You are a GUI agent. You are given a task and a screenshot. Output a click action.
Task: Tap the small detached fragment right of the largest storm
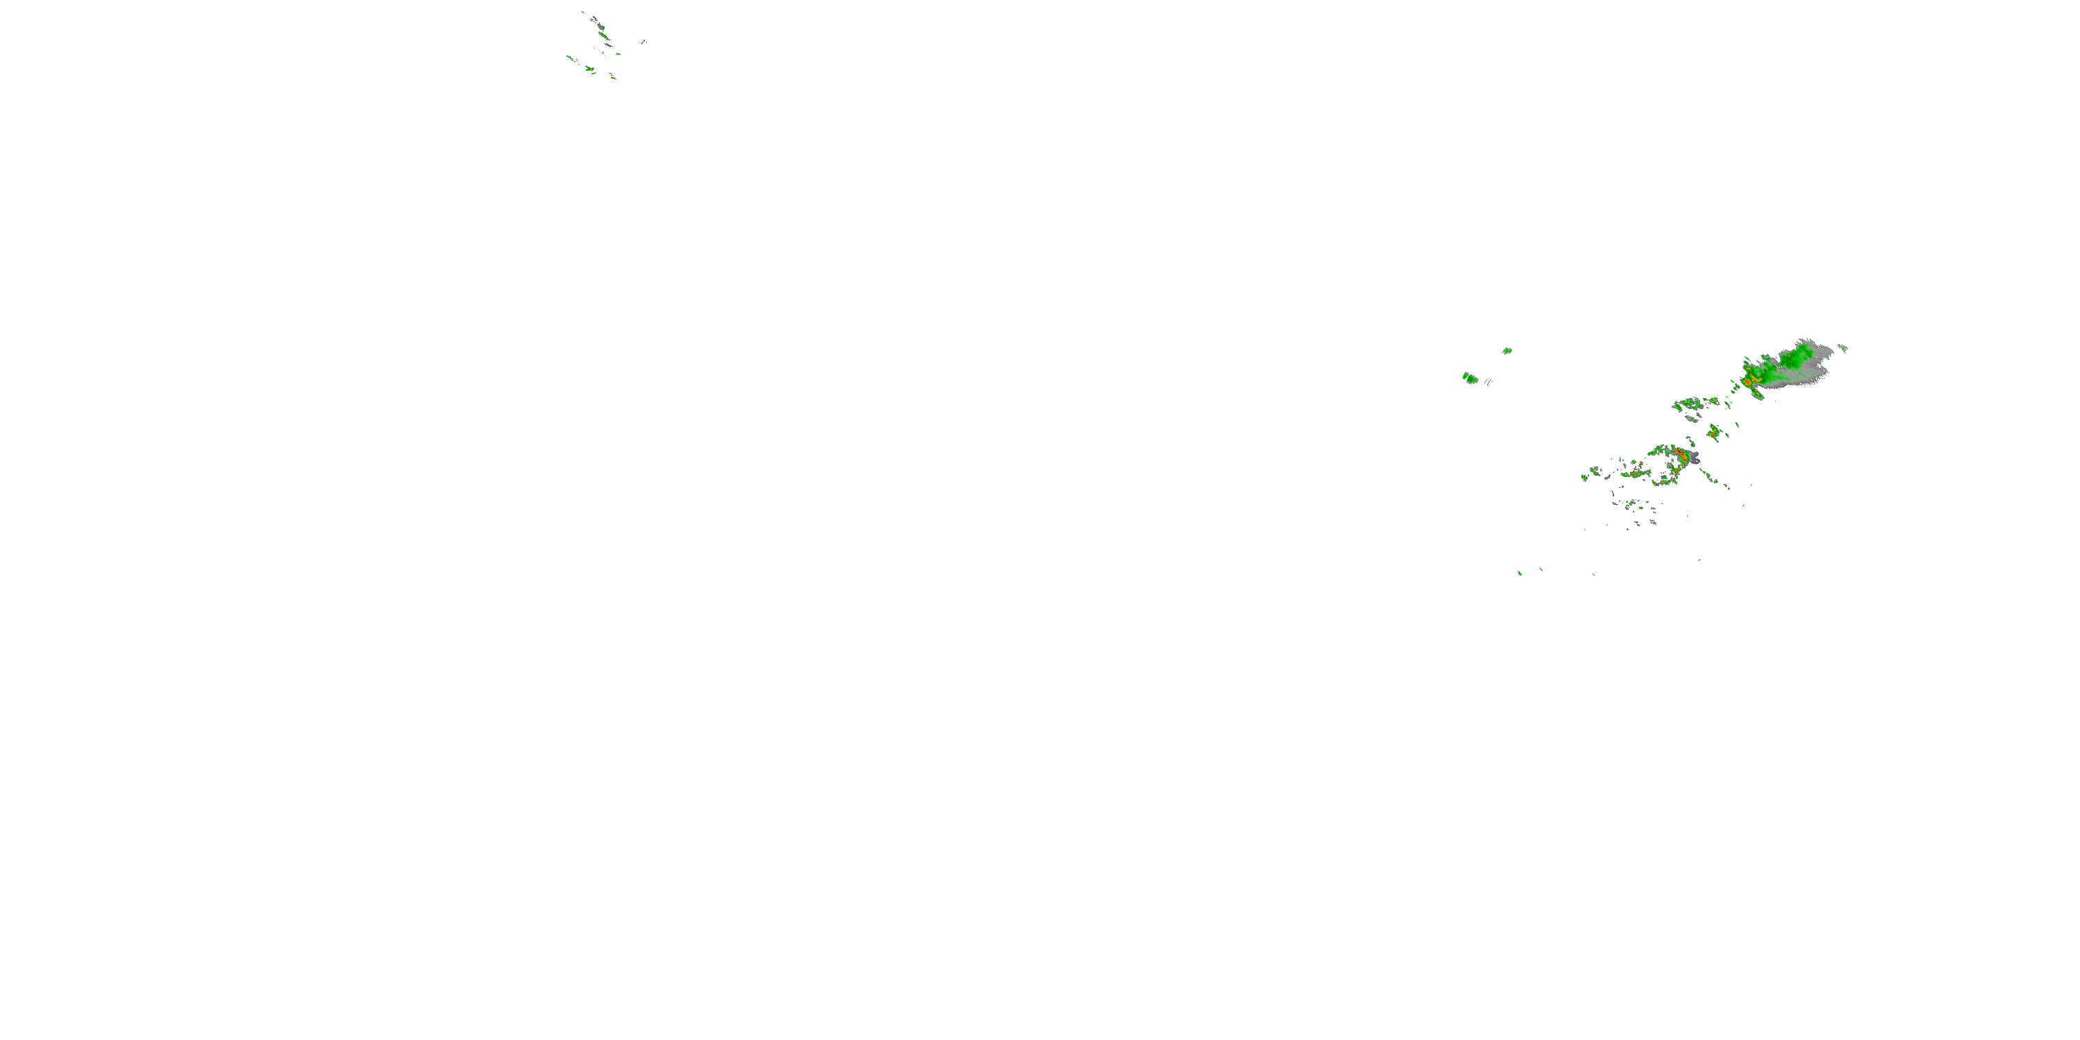[x=1844, y=349]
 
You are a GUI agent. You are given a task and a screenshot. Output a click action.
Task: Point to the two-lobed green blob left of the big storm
[x=1471, y=377]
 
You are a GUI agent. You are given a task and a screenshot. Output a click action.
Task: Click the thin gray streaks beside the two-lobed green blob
[x=1488, y=382]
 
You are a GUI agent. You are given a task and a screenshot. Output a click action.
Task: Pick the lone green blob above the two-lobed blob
[x=1507, y=350]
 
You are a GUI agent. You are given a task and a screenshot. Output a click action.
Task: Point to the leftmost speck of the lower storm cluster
[x=1584, y=478]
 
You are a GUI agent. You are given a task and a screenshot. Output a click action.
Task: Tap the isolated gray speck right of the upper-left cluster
[x=644, y=42]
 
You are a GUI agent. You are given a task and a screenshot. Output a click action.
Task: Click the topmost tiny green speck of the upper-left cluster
[x=583, y=12]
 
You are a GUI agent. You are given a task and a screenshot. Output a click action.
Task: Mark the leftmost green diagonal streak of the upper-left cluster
[x=570, y=58]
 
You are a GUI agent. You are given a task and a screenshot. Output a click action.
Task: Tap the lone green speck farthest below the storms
[x=1520, y=573]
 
